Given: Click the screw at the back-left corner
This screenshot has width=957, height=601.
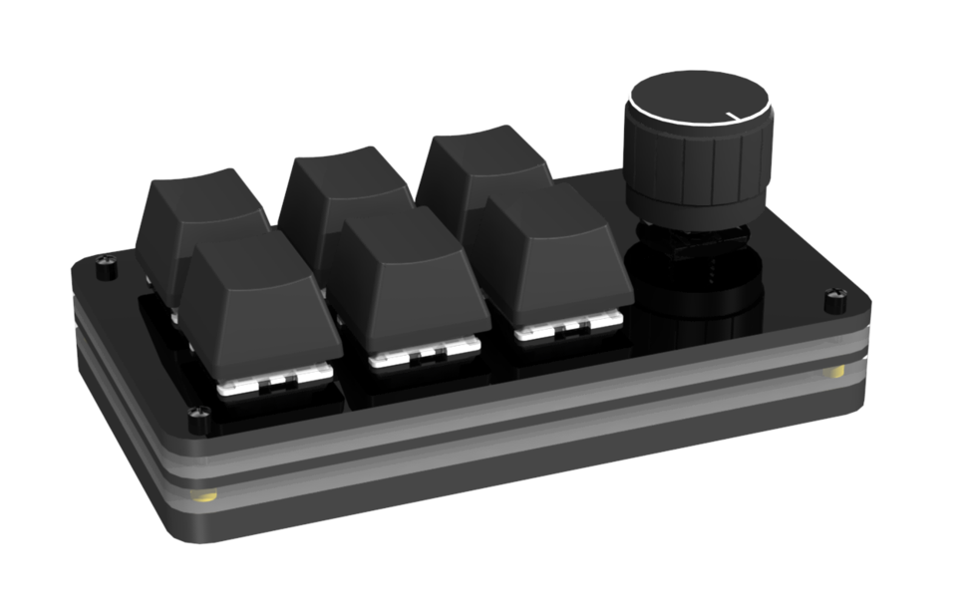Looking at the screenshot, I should click(104, 267).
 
